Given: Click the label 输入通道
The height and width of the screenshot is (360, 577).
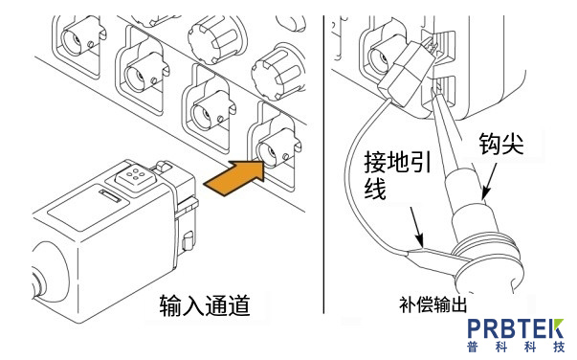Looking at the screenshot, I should (205, 305).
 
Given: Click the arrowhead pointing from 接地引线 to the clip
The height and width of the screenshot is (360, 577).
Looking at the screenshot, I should (417, 241).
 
